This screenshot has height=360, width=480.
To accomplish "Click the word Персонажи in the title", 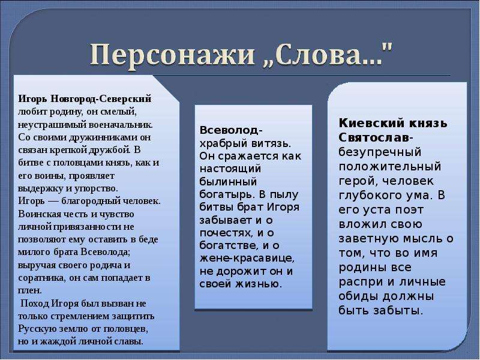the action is tap(172, 55).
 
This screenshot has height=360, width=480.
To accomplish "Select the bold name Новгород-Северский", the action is tap(101, 99).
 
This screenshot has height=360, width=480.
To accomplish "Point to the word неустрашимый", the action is tap(52, 125).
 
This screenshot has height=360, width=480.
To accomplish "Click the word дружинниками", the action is tap(104, 137).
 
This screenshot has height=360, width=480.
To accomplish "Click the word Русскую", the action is tap(36, 329).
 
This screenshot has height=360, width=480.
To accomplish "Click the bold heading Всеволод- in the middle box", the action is tap(231, 130).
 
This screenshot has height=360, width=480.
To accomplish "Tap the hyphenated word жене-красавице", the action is tap(247, 259).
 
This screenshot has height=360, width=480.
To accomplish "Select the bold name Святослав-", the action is tap(376, 137).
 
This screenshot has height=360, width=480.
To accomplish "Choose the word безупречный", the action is tap(380, 152).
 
